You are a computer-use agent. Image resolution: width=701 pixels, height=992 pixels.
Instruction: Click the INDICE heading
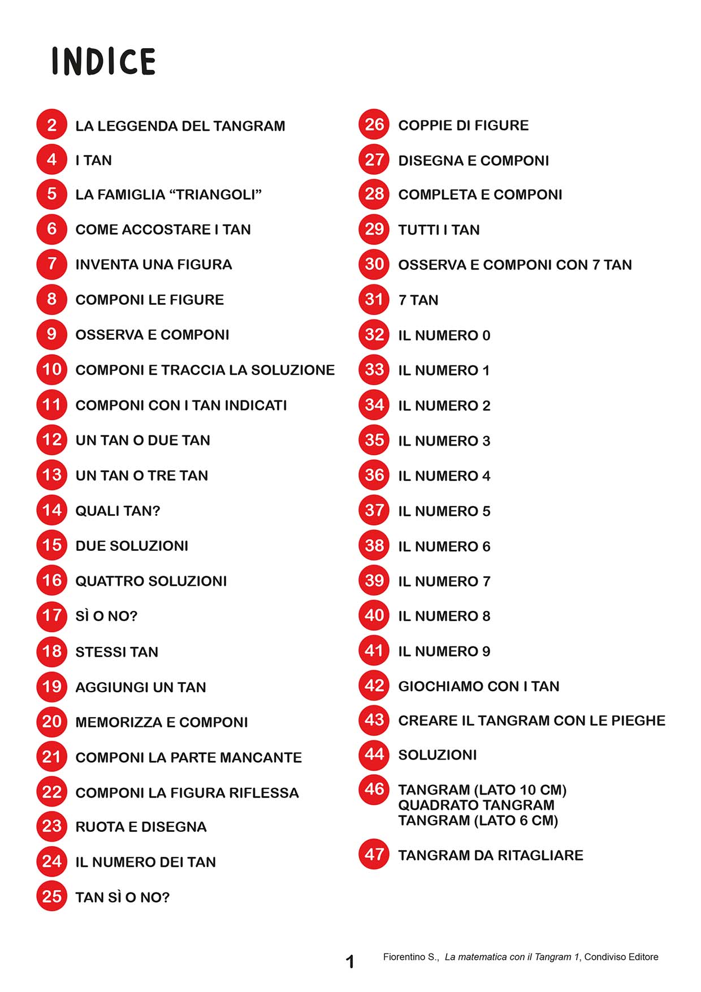coord(103,61)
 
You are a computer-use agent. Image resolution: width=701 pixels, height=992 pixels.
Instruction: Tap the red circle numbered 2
coord(52,124)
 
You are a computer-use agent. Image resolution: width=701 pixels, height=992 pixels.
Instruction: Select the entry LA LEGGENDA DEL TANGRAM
coord(180,126)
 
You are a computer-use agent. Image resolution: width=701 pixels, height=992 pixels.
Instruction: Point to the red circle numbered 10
coord(52,370)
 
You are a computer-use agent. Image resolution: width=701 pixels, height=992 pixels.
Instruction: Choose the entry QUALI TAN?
coord(118,511)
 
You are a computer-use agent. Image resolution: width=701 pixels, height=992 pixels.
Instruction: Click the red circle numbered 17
coord(52,615)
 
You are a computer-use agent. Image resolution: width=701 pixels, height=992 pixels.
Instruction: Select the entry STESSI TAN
coord(116,652)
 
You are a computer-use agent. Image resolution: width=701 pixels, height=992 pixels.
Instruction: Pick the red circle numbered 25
coord(52,896)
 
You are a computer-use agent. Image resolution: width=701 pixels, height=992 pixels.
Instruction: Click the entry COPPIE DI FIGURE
coord(463,126)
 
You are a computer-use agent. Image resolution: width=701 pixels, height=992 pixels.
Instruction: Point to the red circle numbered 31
coord(374,299)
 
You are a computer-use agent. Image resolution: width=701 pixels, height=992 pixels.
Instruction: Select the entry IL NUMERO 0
coord(444,335)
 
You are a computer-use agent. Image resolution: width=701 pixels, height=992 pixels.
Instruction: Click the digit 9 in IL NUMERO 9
coord(486,652)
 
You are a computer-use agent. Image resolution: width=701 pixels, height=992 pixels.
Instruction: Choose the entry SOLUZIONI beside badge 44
coord(437,755)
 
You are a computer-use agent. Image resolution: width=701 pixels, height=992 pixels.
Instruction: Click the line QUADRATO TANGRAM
coord(476,805)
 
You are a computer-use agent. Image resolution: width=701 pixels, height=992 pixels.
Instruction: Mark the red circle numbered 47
coord(374,854)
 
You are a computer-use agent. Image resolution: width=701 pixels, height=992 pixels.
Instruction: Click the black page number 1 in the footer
coord(350,961)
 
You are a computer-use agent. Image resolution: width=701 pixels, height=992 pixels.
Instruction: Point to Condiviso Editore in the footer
coord(621,957)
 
